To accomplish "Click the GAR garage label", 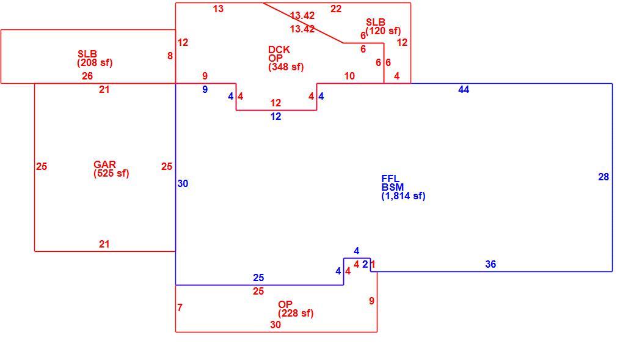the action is pos(104,164).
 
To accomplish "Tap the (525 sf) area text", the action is pos(111,173).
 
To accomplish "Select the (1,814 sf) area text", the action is pos(403,196).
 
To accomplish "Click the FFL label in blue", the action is pos(390,178).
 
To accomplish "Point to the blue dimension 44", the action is pos(464,89).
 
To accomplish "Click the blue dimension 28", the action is pos(604,177).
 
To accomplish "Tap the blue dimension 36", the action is pos(491,264).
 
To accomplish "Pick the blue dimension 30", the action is pos(183,183).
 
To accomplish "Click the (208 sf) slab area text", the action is pos(95,63).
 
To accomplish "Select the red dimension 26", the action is pos(87,76).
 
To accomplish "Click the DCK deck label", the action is pos(279,50).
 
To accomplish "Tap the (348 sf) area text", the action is pos(286,67).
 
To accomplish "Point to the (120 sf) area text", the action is pos(383,31).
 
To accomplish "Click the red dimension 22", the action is pos(336,9).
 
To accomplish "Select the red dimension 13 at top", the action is pos(218,9).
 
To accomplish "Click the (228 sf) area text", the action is pos(296,314).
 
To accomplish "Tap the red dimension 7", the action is pos(180,307).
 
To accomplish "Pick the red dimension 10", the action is pos(349,76).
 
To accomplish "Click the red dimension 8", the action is pos(170,56).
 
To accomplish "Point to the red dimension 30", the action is pos(275,325).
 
